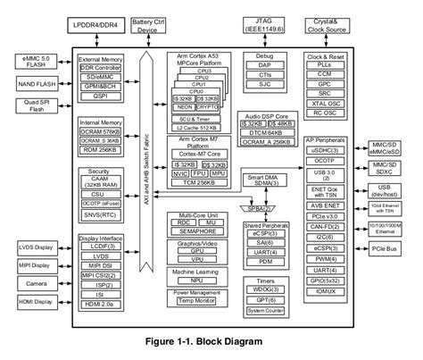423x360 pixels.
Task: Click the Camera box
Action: [29, 282]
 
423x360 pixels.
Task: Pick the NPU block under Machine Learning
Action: [201, 279]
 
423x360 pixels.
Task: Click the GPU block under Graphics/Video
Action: [201, 251]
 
